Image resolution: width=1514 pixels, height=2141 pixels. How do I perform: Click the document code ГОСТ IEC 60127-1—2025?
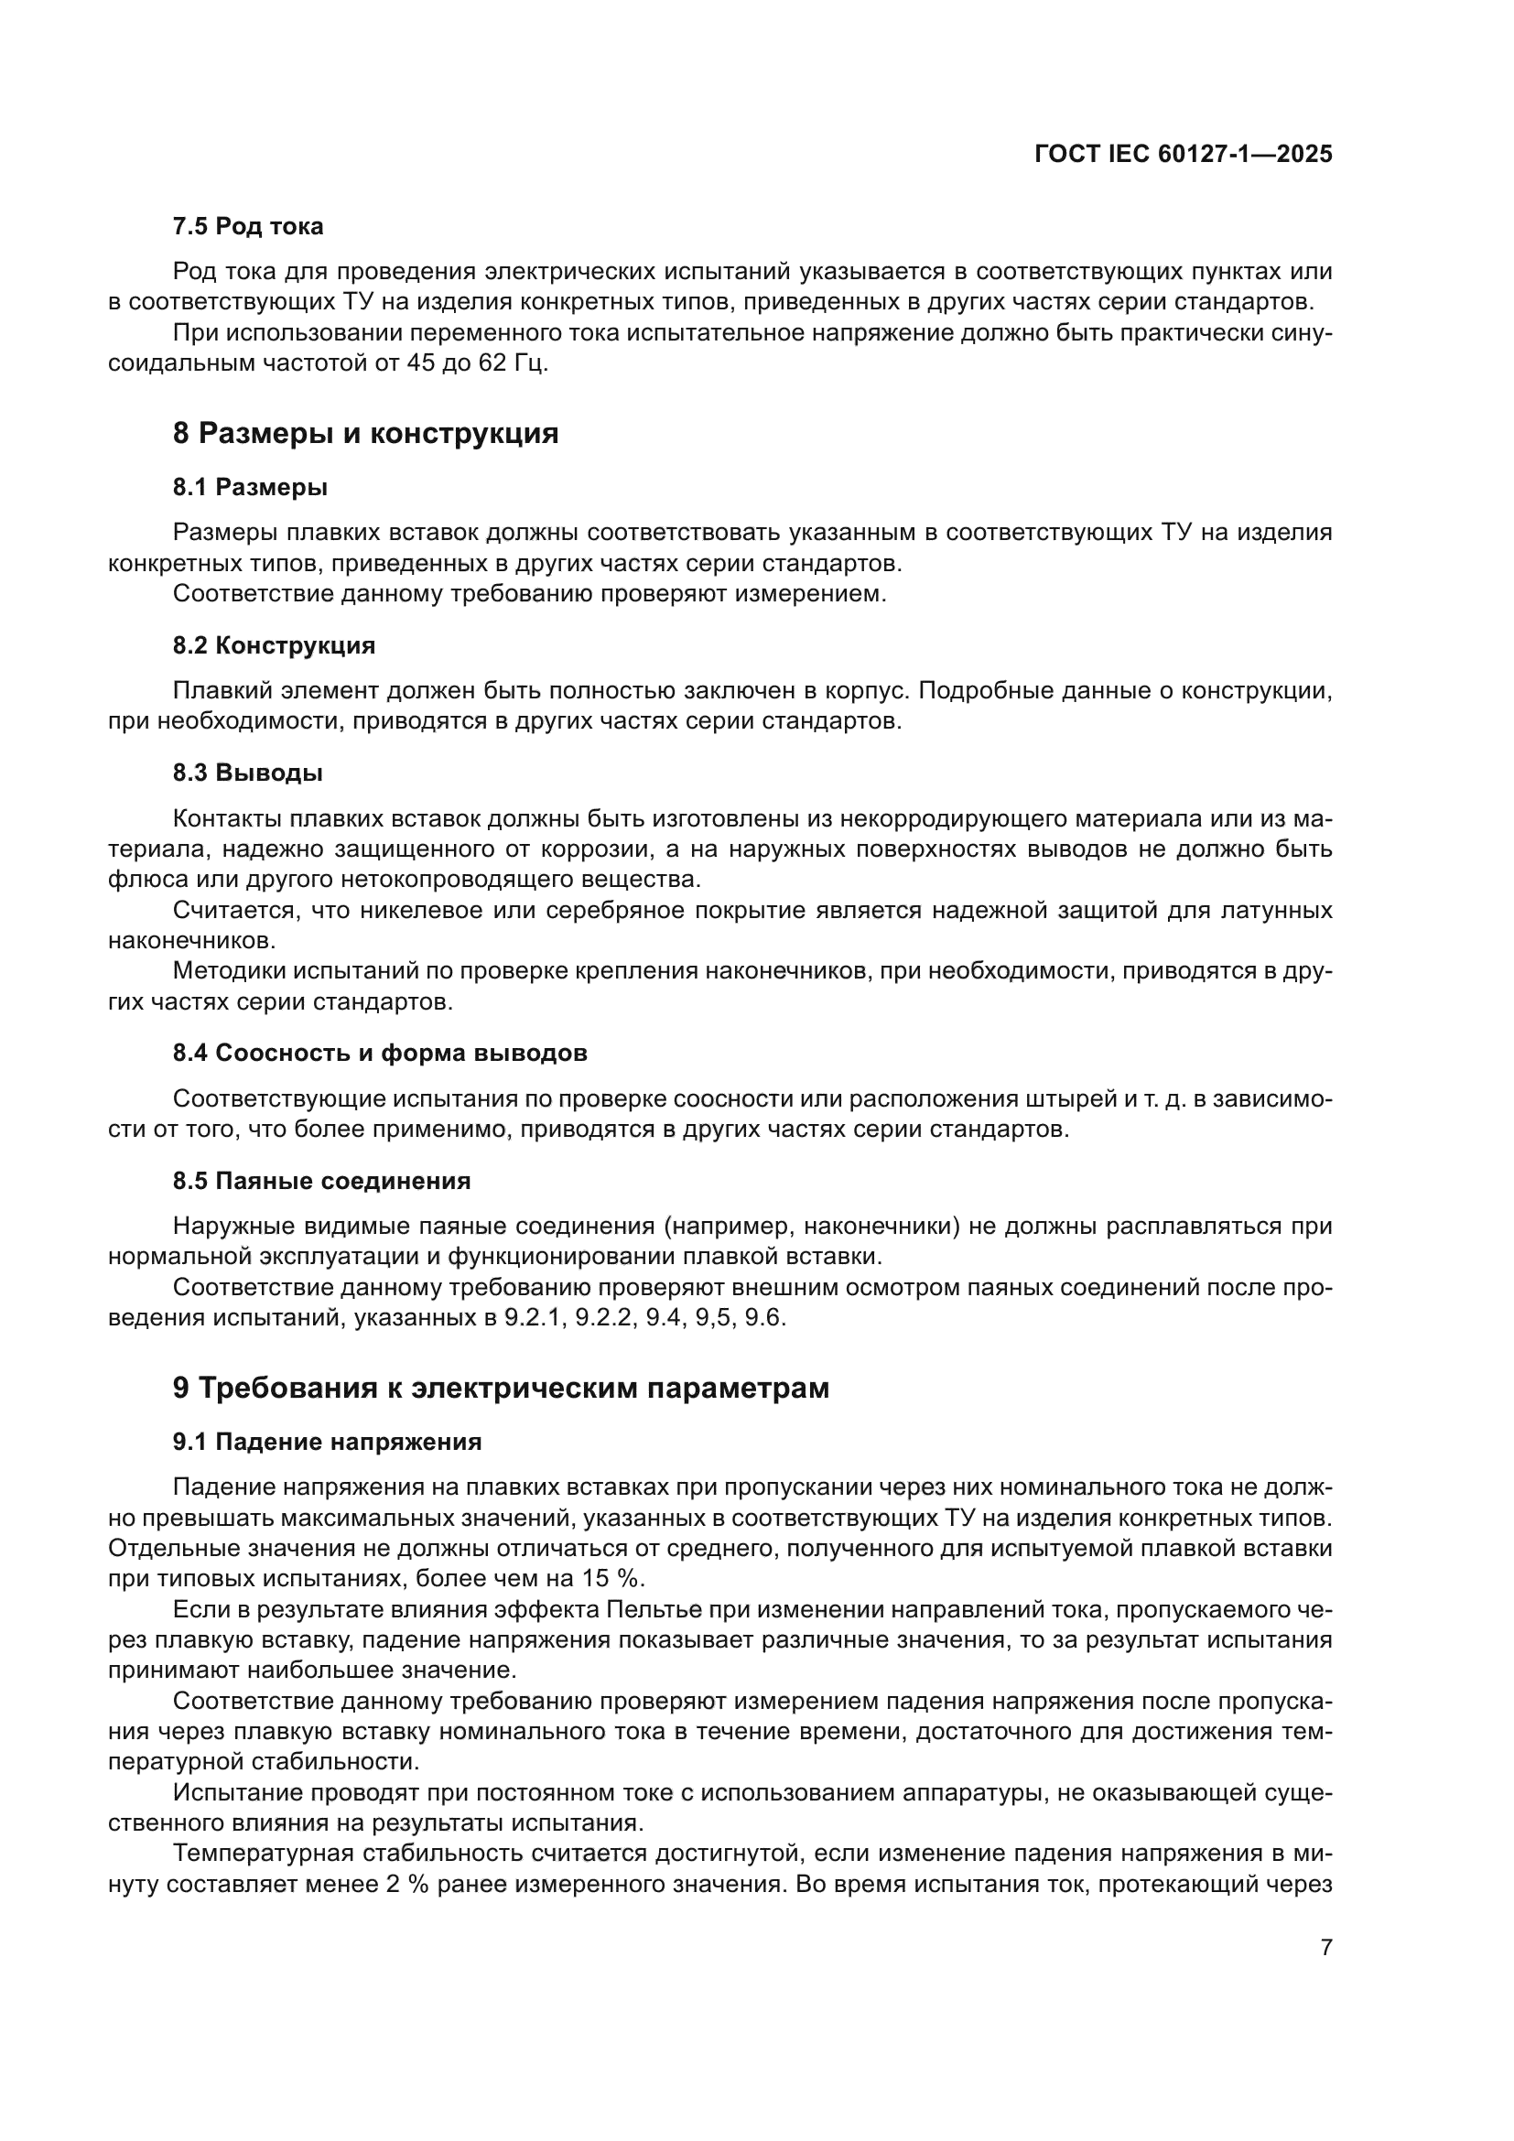(x=1183, y=155)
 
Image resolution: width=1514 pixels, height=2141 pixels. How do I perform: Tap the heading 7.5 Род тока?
(x=248, y=227)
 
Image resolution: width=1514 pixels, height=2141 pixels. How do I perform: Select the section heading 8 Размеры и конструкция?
(x=365, y=434)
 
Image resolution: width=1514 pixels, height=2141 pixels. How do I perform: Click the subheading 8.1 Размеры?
(x=250, y=487)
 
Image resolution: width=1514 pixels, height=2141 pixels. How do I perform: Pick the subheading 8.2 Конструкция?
(x=274, y=645)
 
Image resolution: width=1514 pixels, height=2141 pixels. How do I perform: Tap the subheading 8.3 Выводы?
(x=248, y=773)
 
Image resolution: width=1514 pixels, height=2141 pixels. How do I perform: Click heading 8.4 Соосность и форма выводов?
(x=381, y=1053)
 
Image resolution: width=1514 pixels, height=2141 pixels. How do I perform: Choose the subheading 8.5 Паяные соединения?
(x=321, y=1181)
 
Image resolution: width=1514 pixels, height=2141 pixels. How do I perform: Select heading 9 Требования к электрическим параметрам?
(x=501, y=1389)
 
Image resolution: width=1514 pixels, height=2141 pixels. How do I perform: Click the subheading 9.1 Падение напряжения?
(x=327, y=1442)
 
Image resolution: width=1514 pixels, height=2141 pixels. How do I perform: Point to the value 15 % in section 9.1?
(x=617, y=1579)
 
